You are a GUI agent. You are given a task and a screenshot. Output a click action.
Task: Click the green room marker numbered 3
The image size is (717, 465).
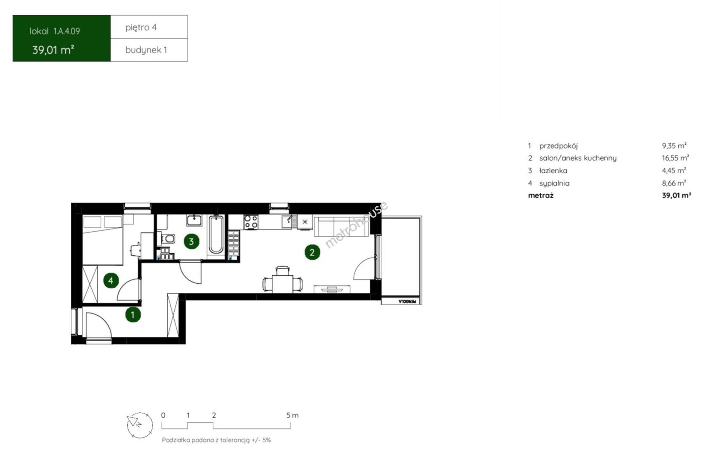coord(191,241)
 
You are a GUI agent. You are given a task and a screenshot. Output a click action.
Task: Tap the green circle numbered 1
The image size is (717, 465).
coord(133,315)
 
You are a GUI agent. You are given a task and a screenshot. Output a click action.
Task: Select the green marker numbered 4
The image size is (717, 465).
coord(111,281)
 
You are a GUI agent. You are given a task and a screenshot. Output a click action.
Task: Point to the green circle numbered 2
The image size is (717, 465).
coord(312,253)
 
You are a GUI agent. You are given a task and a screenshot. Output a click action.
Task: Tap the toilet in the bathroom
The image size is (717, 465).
coord(167,239)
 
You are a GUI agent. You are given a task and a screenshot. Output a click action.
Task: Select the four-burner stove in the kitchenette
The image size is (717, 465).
coord(251,222)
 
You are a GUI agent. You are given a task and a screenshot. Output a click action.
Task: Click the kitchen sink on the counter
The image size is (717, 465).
coord(289,221)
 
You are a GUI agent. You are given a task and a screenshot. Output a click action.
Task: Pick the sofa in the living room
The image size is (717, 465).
coord(342,227)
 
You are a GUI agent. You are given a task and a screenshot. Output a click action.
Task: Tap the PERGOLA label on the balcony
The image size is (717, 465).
coord(407,301)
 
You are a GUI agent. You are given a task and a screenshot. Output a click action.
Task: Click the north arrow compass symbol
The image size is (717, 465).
coord(139,425)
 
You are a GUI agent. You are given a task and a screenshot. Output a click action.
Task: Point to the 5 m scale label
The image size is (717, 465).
coord(292,415)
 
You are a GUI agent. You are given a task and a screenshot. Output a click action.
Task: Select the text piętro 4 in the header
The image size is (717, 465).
coord(141,28)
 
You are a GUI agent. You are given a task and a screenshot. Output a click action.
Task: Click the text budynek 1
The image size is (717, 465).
coord(146,50)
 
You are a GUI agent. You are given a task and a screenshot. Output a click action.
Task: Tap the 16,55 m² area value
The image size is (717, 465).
coord(675,158)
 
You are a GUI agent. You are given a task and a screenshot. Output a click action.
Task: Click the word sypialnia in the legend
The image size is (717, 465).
coord(554,183)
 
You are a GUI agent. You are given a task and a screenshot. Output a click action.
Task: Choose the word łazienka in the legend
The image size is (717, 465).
coord(553,170)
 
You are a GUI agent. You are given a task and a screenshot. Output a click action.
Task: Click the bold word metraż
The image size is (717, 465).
coord(541,195)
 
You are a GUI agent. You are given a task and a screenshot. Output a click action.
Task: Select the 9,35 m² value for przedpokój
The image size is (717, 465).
coord(674,146)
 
